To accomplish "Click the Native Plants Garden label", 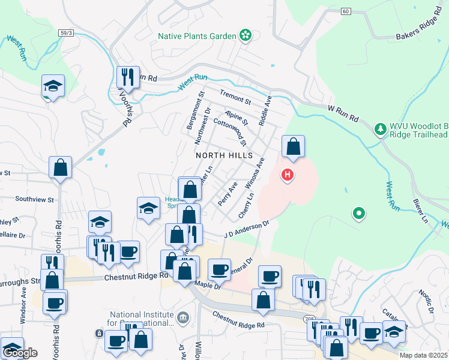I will pos(197,36).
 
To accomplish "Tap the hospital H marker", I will pos(288,175).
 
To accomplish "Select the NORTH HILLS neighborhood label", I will pos(221,155).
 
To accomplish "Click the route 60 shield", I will pos(345,11).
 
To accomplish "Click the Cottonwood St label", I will pos(230,131).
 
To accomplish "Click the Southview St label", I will pos(34,199).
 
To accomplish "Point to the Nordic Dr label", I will pos(426,302).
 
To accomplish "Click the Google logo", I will pos(20,353).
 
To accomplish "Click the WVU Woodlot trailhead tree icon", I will pos(379,129).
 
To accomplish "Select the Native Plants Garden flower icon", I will pos(245,36).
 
